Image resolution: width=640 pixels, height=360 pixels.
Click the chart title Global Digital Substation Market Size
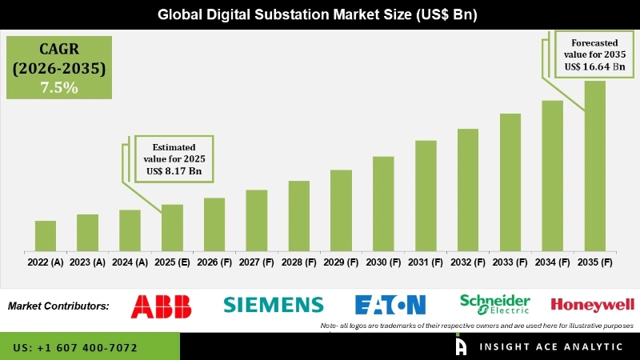320,14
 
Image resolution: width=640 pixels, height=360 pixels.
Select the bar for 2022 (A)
46,236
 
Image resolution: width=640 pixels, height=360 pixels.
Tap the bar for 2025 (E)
172,228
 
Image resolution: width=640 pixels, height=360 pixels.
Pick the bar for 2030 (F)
383,204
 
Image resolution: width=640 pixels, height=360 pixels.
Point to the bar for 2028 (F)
298,216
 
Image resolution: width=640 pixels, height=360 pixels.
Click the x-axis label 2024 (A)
130,262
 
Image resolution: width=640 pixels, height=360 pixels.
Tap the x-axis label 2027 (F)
256,262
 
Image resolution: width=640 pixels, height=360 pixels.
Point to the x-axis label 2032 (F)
467,262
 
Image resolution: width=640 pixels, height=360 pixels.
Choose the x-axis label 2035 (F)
594,262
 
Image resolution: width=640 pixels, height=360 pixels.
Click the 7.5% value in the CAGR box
59,88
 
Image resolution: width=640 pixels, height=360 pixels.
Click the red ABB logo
162,305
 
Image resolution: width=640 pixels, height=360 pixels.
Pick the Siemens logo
274,305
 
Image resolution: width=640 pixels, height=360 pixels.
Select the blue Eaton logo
390,305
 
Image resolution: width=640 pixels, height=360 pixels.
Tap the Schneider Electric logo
494,304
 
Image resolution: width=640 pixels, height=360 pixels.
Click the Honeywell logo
593,304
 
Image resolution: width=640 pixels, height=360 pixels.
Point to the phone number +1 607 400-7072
75,348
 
